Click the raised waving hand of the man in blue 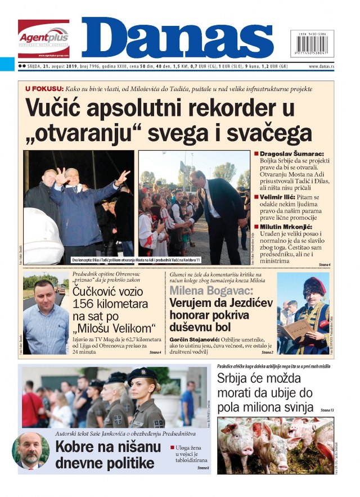tap(123, 177)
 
